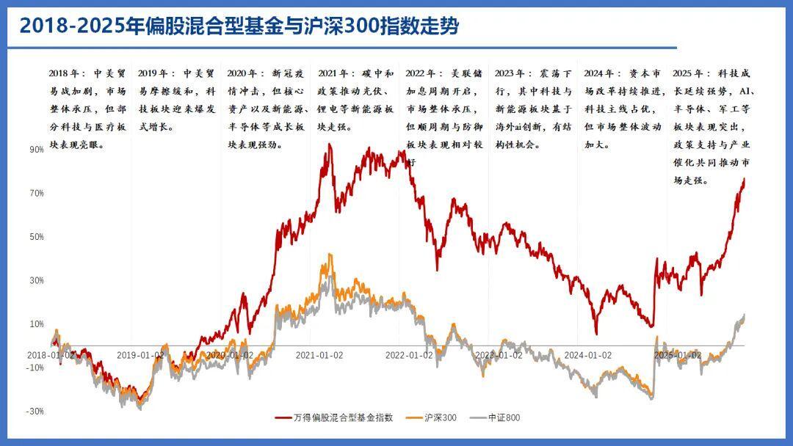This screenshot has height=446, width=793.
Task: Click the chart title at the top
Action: (x=239, y=26)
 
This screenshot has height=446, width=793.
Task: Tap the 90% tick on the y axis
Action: (x=36, y=150)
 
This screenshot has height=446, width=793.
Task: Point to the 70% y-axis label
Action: (x=36, y=194)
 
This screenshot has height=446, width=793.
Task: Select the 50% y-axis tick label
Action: (x=36, y=237)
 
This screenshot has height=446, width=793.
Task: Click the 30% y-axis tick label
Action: (x=36, y=281)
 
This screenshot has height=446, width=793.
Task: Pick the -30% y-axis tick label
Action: (x=35, y=412)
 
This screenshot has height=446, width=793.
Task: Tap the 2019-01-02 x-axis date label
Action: (x=141, y=355)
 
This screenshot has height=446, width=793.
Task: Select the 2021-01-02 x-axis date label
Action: (x=319, y=355)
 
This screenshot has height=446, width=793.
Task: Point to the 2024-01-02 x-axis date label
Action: (x=587, y=355)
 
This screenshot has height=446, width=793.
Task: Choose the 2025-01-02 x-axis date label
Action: (x=677, y=355)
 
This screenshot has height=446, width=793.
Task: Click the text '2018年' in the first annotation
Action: (x=62, y=73)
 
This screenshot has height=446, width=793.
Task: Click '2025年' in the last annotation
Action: (x=686, y=73)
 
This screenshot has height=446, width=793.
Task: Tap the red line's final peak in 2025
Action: (x=744, y=178)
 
